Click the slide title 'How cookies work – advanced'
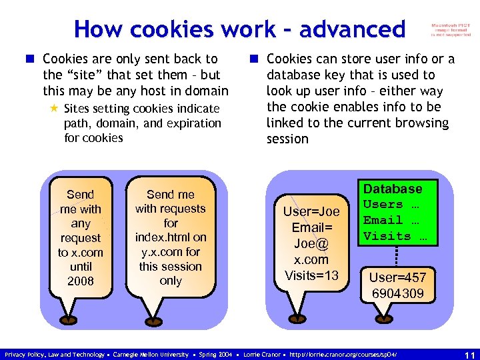pos(239,29)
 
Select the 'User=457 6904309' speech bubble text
pos(397,285)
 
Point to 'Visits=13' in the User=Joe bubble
pos(311,275)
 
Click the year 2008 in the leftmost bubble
pos(81,281)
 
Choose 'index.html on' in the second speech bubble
pos(171,237)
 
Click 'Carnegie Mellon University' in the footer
pos(151,354)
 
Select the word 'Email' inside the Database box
pos(383,220)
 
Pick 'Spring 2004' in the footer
pos(216,354)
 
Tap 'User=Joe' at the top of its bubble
pos(311,212)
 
